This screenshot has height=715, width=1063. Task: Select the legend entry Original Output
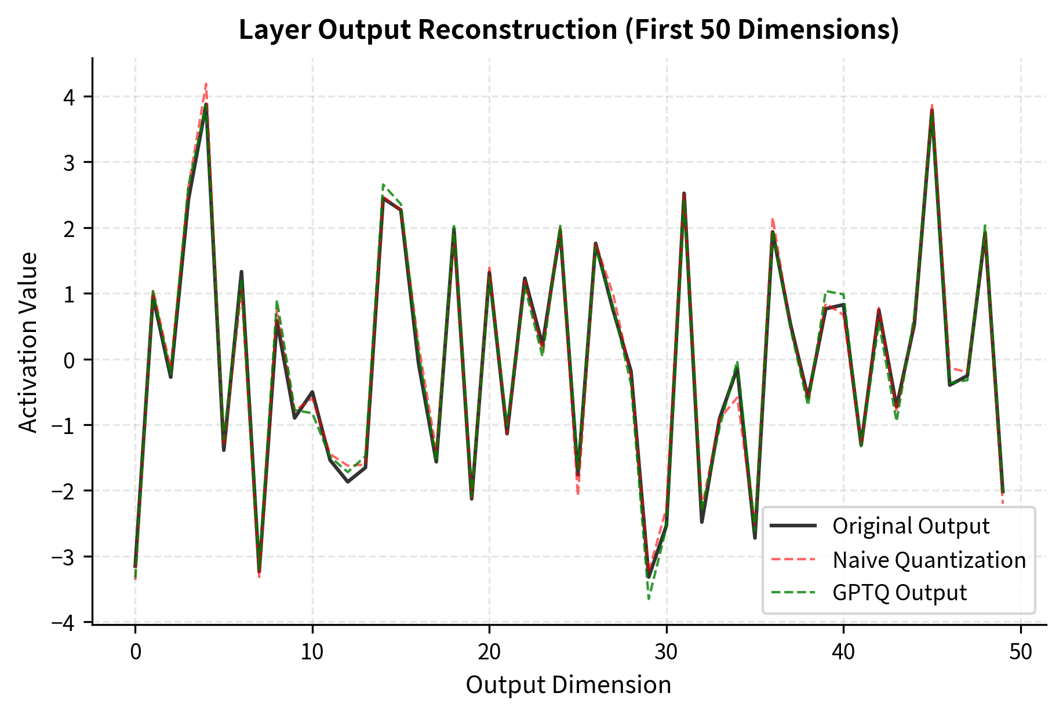(x=911, y=526)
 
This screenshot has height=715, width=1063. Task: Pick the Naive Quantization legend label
(x=929, y=560)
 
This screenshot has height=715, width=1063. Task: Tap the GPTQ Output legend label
(x=899, y=593)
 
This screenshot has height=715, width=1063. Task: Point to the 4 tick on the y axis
(x=70, y=97)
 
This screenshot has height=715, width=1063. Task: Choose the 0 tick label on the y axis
(x=70, y=360)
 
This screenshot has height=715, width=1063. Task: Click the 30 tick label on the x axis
(x=666, y=652)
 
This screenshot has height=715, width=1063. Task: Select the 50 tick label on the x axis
(x=1020, y=652)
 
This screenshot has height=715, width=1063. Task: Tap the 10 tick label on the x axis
(x=312, y=652)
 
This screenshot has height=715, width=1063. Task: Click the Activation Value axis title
(x=28, y=342)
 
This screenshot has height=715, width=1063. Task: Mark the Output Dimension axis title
(x=568, y=685)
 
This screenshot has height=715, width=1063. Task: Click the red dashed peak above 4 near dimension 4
(x=206, y=85)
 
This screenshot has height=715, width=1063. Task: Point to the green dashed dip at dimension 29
(x=649, y=599)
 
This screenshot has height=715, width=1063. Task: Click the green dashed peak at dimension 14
(x=383, y=185)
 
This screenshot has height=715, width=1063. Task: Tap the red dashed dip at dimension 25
(x=578, y=494)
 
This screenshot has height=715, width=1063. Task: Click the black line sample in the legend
(x=793, y=526)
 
